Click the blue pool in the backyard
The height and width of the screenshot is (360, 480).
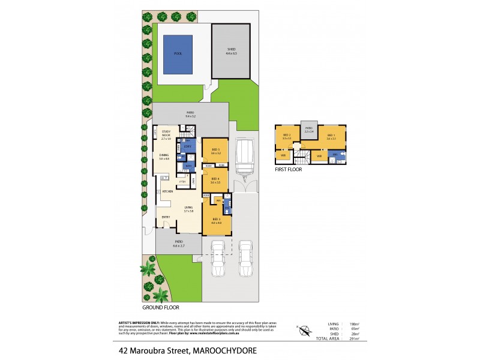point(178,54)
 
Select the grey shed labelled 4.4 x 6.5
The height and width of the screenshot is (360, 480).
point(232,52)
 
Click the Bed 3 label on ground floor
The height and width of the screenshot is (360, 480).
point(217,220)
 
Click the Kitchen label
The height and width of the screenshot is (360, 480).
point(167,191)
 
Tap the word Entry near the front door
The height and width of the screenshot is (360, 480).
point(166,217)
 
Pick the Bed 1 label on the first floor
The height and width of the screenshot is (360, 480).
point(331,136)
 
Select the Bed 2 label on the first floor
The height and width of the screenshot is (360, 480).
point(287,136)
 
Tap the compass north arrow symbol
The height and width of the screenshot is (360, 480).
point(304,329)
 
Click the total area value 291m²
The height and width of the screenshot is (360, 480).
point(354,339)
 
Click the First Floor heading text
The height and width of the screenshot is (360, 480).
point(289,170)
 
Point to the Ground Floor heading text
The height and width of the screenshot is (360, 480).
point(161,307)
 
